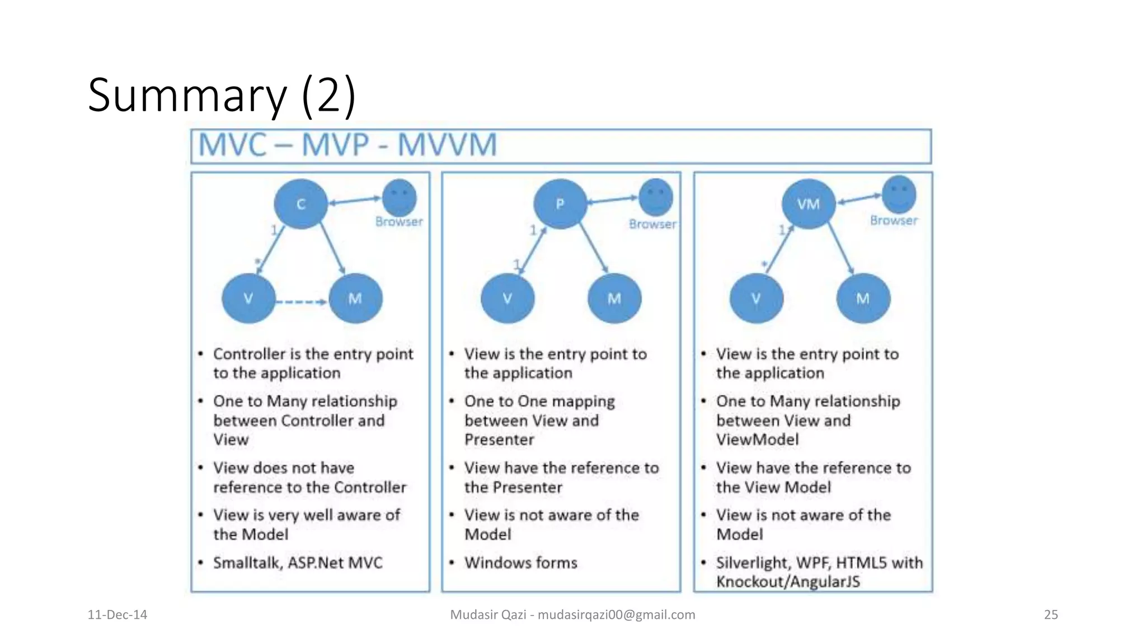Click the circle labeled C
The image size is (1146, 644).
point(300,204)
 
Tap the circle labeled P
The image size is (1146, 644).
point(560,204)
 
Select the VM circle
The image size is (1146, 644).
point(808,204)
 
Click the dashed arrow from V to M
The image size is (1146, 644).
point(301,302)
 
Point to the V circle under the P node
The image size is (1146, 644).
point(508,299)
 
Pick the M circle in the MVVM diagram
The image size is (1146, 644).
point(862,299)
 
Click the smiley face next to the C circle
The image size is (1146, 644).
point(399,197)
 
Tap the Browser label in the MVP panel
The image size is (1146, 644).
point(652,224)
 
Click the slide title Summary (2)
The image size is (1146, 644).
point(222,95)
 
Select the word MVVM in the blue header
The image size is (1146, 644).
point(447,145)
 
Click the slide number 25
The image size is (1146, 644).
point(1051,614)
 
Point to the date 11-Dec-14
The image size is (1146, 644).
point(118,614)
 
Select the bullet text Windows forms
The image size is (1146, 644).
point(520,562)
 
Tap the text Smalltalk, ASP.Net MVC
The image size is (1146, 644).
point(298,562)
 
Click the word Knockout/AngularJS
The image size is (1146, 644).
point(788,581)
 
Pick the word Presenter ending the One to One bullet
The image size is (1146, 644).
point(499,439)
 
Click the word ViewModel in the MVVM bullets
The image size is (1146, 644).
point(757,439)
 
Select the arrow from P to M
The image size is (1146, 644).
point(594,248)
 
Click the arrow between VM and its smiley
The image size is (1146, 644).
point(859,198)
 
